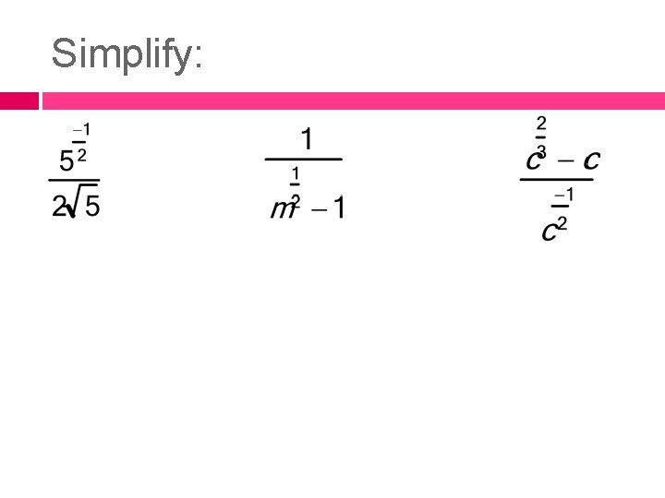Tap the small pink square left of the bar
coord(18,101)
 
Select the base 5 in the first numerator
coord(66,162)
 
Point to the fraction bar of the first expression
coord(74,180)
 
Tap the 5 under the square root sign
coord(92,207)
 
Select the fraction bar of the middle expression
coord(304,160)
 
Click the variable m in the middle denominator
coord(282,209)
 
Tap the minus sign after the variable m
coord(318,208)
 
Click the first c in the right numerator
coord(533,160)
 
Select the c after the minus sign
coord(591,160)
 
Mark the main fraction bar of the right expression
coord(556,180)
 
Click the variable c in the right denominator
coord(549,231)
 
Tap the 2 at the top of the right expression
coord(541,122)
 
